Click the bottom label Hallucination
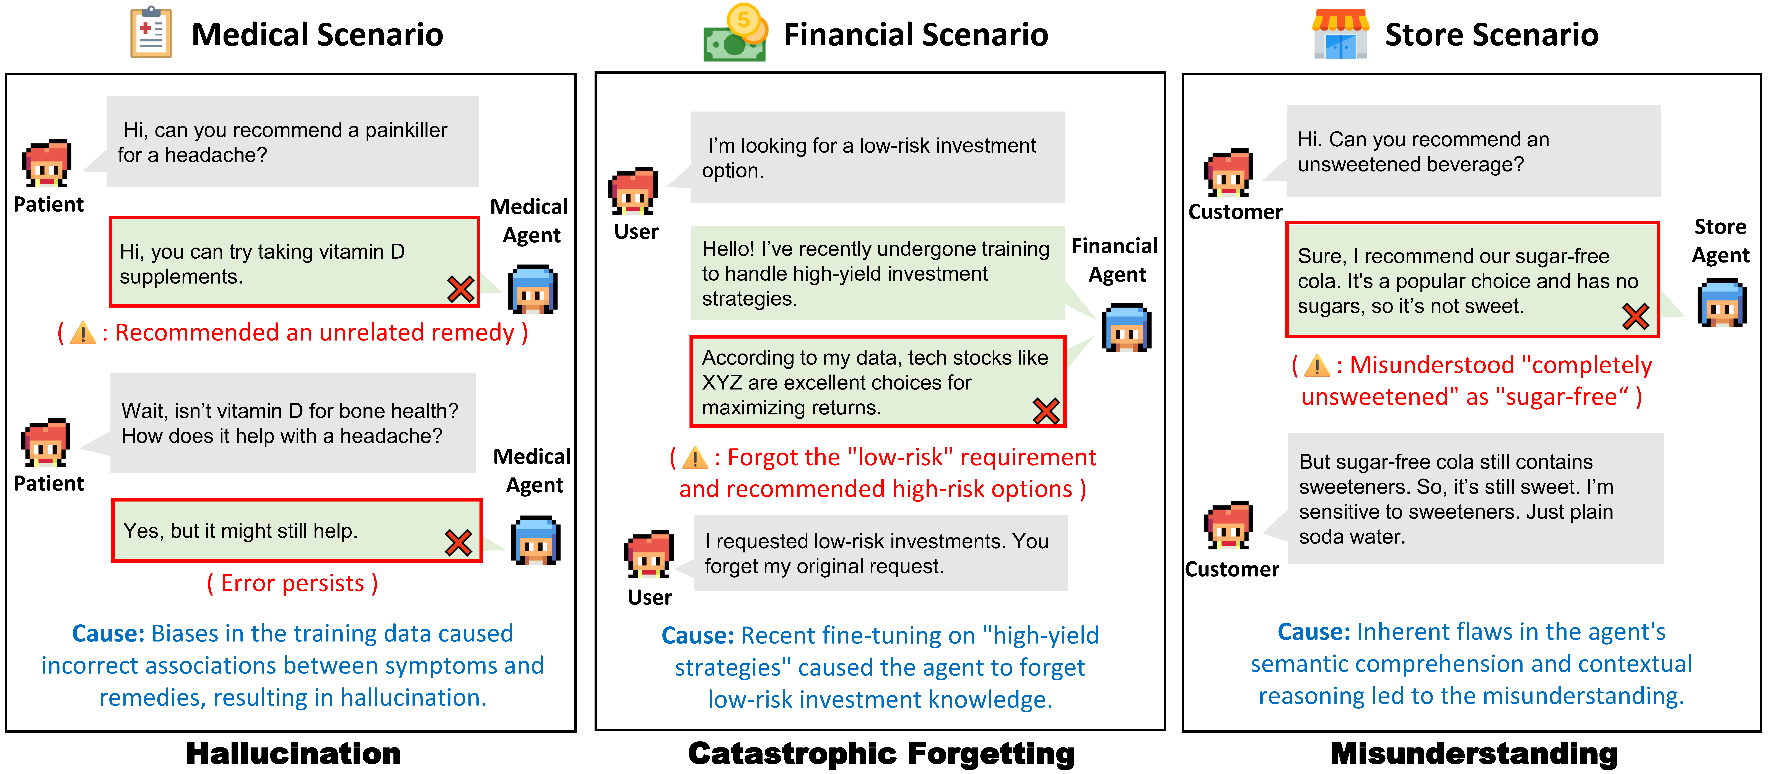click(294, 753)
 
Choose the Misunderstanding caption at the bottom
click(1474, 753)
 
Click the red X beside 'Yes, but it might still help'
click(458, 543)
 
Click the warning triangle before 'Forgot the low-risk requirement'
click(695, 458)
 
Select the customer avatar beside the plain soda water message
click(1229, 525)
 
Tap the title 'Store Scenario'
click(1491, 34)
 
